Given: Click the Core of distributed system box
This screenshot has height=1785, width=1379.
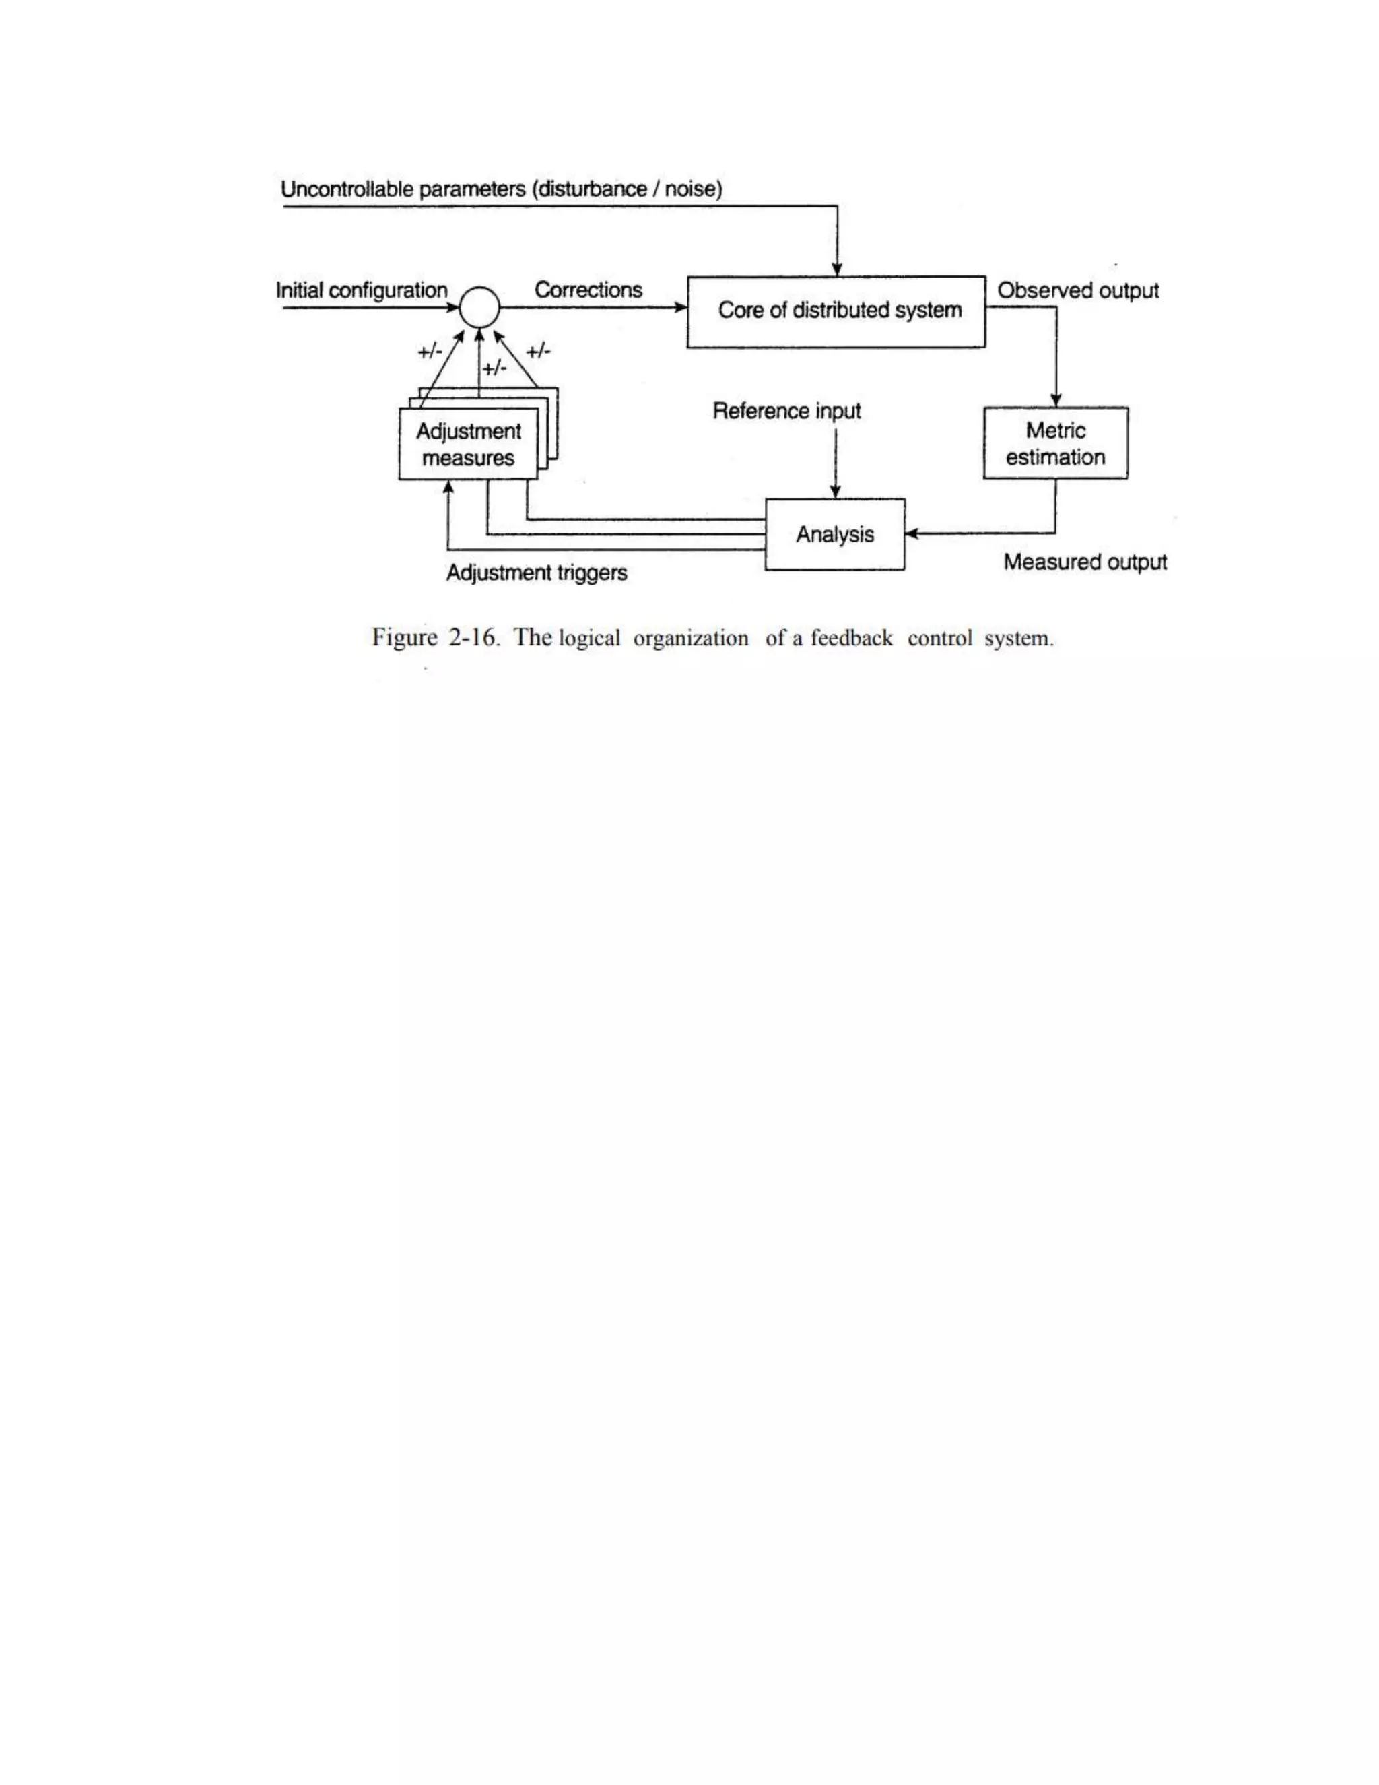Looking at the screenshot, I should [836, 311].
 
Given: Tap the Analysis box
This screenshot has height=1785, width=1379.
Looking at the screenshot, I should [834, 535].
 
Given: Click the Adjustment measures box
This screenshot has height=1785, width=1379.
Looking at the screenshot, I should [467, 445].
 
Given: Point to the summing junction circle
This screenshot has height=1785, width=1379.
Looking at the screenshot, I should [479, 307].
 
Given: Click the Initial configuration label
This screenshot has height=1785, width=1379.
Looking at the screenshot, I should [361, 290].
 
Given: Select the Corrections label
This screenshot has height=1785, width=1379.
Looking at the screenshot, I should [588, 290].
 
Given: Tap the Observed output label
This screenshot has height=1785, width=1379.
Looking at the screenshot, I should [1077, 290].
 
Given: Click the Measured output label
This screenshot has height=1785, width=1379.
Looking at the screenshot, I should [1085, 562].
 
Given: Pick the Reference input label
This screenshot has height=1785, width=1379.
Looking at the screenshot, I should [786, 410].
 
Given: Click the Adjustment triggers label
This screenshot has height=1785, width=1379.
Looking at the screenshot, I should [537, 573].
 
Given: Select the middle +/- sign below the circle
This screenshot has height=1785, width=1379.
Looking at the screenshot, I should [494, 368].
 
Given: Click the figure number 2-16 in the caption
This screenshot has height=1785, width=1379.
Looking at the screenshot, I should [472, 637].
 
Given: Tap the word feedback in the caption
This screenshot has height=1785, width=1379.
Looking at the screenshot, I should [851, 637].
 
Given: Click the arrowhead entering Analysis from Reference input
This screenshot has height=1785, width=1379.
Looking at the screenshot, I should [835, 492].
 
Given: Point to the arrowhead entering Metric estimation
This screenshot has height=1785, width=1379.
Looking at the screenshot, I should [1056, 401].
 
